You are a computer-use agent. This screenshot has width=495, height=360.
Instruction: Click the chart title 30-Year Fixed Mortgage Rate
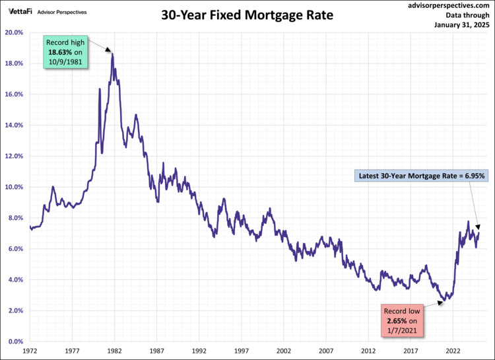pyautogui.click(x=247, y=15)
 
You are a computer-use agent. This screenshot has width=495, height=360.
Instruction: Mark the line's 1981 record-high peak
pyautogui.click(x=113, y=54)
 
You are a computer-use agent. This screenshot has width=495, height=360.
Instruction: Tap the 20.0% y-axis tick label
pyautogui.click(x=15, y=32)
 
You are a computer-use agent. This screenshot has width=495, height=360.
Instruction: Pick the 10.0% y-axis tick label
pyautogui.click(x=15, y=187)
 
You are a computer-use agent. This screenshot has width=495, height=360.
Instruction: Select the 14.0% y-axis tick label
pyautogui.click(x=15, y=125)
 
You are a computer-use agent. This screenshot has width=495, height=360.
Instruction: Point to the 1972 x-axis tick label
pyautogui.click(x=30, y=352)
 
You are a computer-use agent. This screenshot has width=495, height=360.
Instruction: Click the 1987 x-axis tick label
pyautogui.click(x=157, y=352)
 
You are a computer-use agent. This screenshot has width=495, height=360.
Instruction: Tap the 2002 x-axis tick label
pyautogui.click(x=284, y=352)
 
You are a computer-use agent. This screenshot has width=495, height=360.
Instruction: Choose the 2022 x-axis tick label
pyautogui.click(x=453, y=352)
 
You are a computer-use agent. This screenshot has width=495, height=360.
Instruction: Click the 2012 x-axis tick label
pyautogui.click(x=368, y=352)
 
